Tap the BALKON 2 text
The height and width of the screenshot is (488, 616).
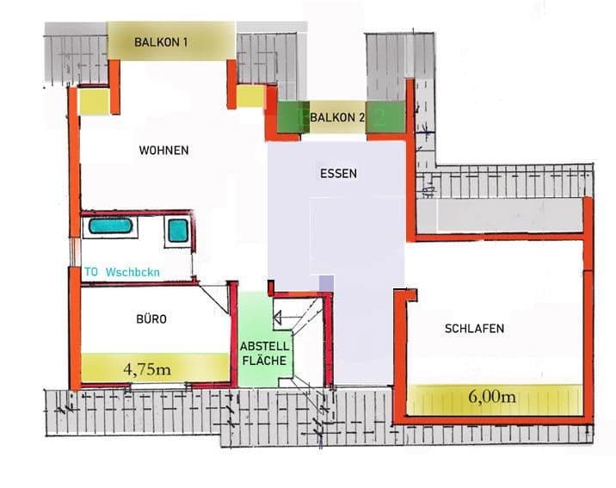coord(337,117)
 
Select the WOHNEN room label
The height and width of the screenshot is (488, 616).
coord(163,151)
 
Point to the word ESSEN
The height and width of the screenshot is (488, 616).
coord(337,173)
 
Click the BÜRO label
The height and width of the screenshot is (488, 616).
coord(151,319)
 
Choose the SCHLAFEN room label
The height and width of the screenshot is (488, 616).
coord(474,329)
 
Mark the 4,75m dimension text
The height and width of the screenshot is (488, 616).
coord(147,369)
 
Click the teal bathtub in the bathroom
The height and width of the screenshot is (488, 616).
coord(111,226)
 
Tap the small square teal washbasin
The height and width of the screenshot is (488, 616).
coord(177,230)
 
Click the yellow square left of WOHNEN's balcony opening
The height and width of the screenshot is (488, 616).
coord(94,102)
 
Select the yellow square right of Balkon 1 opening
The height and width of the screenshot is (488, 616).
coord(249,96)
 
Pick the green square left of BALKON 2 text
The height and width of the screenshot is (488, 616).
coord(293,118)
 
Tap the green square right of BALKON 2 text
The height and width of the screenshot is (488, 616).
coord(385,118)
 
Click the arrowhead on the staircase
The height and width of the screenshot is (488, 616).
coord(278,316)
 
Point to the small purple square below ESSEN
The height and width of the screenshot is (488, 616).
coord(325,283)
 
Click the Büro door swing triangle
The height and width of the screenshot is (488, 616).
coord(216,293)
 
